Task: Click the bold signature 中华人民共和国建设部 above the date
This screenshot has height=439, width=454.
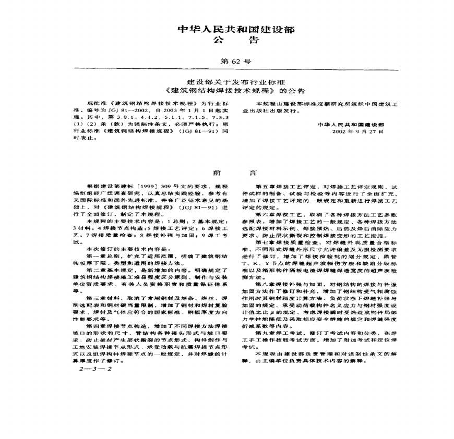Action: [351, 125]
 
